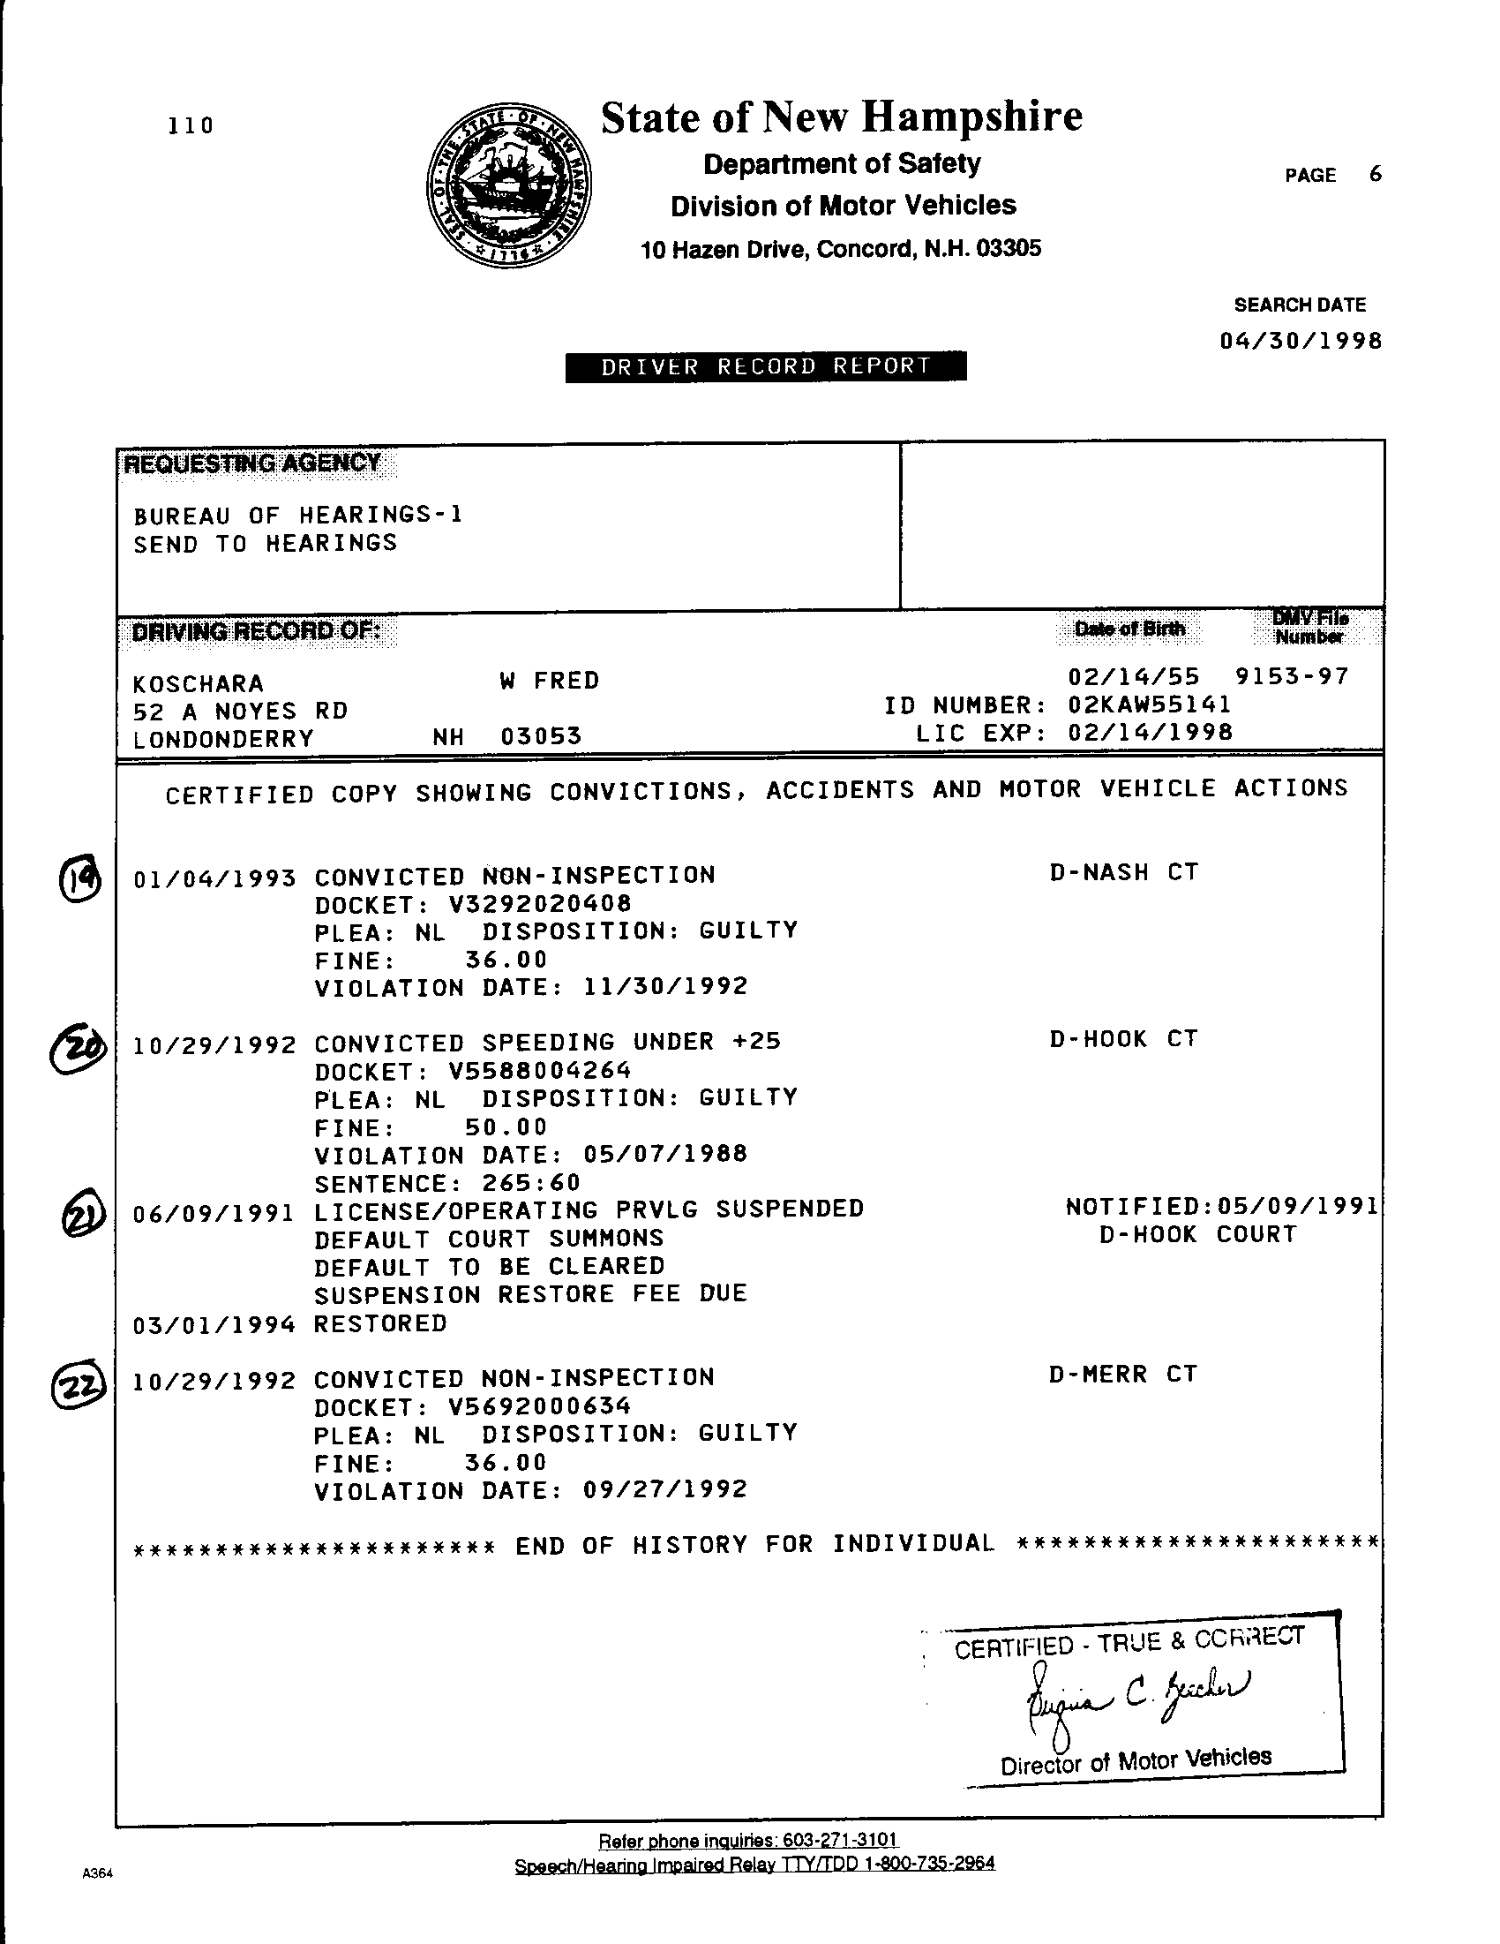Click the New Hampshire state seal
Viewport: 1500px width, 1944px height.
510,185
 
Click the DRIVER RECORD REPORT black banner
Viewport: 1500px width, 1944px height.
765,366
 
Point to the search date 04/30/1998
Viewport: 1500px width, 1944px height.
1300,341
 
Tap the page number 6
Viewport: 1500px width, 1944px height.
1376,175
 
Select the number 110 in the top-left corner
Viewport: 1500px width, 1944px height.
191,125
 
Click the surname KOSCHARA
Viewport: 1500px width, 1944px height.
199,683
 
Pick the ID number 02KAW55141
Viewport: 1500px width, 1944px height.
1150,705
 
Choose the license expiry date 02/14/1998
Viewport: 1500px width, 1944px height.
1150,733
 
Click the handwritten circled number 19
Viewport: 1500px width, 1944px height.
80,879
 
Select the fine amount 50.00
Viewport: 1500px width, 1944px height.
506,1126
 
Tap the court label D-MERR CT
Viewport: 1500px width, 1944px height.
1123,1375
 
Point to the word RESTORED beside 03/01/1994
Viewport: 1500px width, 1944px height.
380,1323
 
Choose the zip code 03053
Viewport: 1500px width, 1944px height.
541,736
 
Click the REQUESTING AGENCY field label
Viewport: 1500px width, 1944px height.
252,463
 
